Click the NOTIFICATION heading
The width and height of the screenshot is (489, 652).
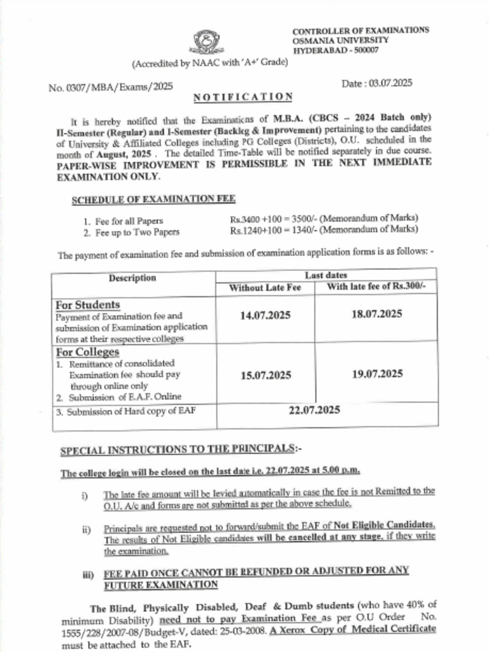coord(243,97)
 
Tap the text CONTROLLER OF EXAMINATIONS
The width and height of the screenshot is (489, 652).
coord(360,31)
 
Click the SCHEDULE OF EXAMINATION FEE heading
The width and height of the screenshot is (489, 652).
coord(153,199)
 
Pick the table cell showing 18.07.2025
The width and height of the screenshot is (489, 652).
coord(377,314)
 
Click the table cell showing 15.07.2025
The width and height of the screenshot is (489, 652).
coord(266,375)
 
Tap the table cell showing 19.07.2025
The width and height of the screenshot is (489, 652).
coord(377,374)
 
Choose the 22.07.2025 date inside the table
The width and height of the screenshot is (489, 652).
coord(315,411)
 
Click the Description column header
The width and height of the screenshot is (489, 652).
coord(132,278)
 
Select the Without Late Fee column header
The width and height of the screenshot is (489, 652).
coord(265,288)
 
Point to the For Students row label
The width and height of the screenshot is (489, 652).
coord(88,305)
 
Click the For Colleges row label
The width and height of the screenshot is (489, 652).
coord(88,352)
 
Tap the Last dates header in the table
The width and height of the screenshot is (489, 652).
coord(327,275)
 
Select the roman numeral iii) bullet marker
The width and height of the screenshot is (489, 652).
coord(89,574)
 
